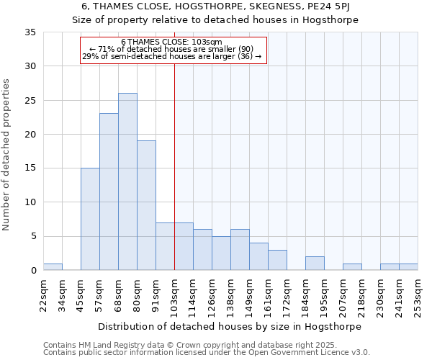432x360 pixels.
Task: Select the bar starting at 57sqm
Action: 109,192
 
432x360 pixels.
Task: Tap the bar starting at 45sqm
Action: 90,219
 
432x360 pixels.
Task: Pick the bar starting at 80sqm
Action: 146,205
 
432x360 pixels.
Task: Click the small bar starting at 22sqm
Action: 53,267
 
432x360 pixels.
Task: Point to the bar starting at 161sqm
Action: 277,260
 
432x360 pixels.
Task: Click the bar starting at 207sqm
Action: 352,267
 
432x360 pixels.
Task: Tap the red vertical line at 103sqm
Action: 174,166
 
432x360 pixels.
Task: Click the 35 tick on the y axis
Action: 31,32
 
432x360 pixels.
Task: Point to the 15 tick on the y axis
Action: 31,168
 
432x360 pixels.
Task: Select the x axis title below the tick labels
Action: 230,326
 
